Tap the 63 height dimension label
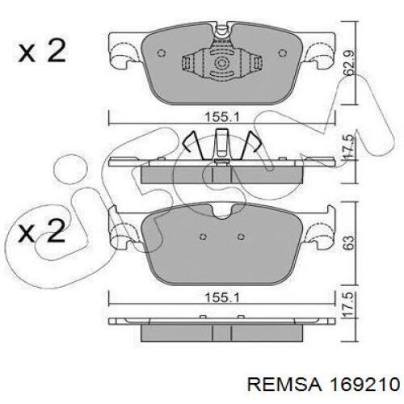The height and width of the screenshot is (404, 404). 349,242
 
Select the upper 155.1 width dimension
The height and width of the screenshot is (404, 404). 222,117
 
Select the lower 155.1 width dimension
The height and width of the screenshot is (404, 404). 222,298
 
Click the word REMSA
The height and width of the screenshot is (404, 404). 284,385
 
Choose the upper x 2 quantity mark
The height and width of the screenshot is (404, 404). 42,50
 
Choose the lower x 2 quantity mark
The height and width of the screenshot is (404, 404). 41,230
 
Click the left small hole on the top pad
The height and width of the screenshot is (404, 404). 161,53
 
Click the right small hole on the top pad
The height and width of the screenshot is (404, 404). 282,53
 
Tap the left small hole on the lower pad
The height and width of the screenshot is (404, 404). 204,237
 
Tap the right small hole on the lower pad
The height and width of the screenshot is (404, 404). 241,237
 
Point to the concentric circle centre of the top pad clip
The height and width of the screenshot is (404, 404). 222,64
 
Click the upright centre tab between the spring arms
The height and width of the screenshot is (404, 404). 222,143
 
